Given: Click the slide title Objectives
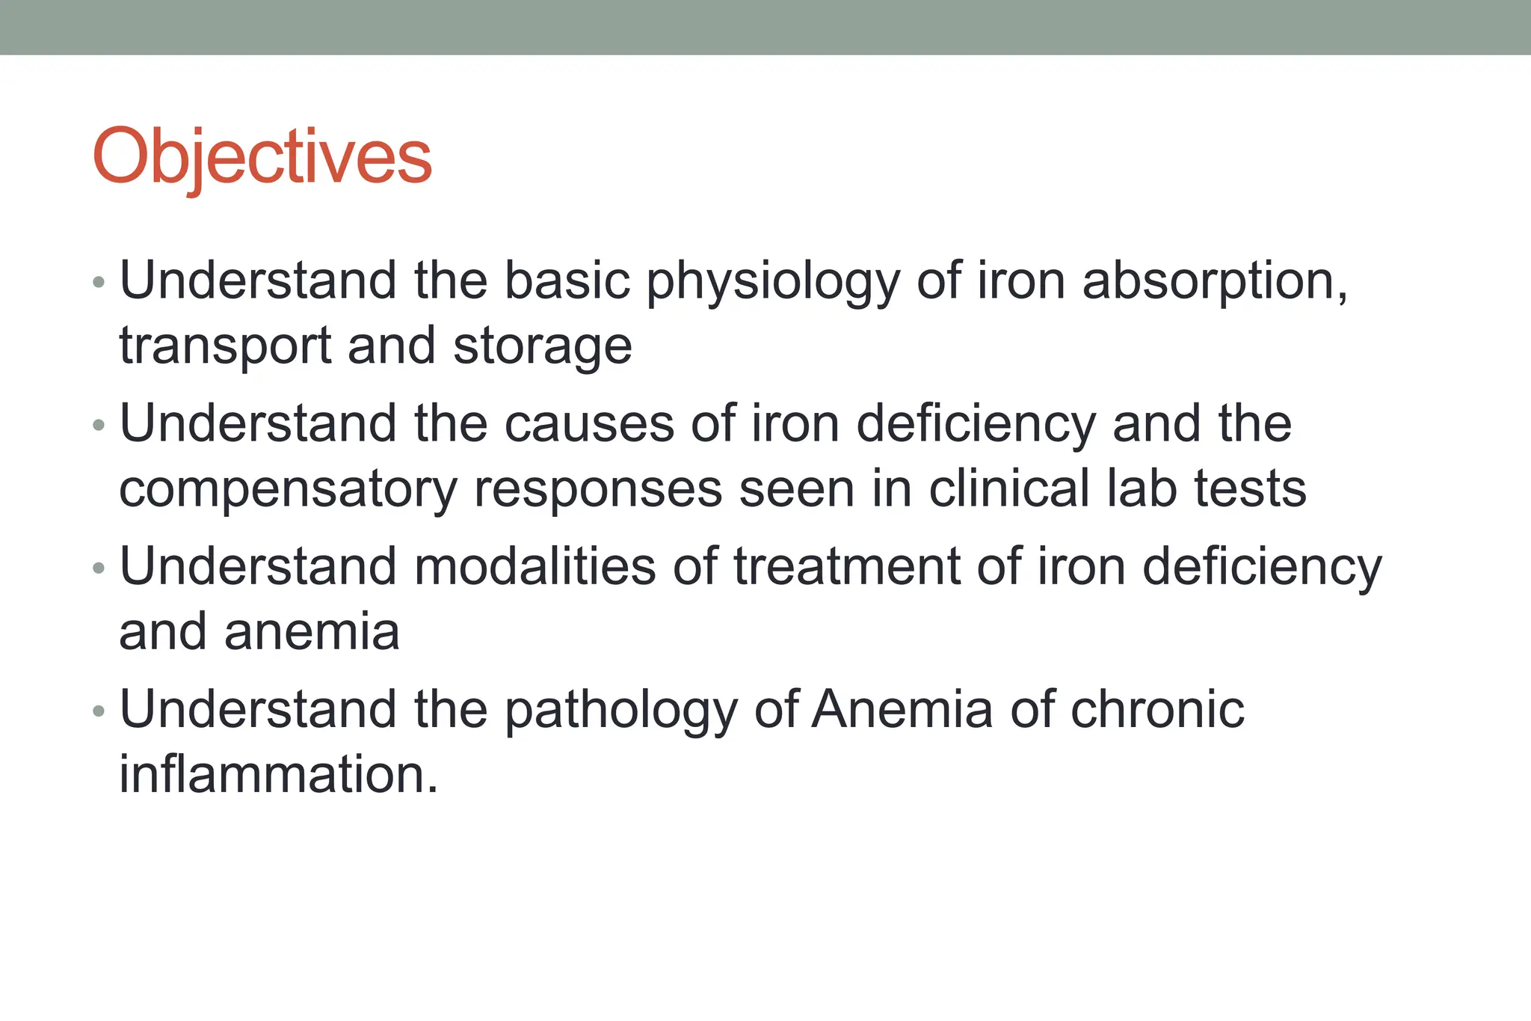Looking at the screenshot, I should pos(262,157).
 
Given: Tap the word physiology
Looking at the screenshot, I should pos(773,283).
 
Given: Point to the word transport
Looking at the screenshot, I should pos(225,347).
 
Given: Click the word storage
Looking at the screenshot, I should pos(543,347).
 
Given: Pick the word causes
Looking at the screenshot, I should pos(589,424).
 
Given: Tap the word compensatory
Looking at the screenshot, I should pos(288,491).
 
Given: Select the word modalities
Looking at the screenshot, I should pos(535,566).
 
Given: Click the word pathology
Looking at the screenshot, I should pos(621,711).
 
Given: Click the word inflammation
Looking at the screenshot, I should pos(278,774).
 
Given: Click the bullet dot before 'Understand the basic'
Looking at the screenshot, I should pos(99,283).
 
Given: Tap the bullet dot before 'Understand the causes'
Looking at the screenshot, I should pos(99,426).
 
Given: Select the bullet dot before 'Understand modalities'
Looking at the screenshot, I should pos(99,568).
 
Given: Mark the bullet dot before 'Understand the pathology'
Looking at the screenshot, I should pos(99,711).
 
